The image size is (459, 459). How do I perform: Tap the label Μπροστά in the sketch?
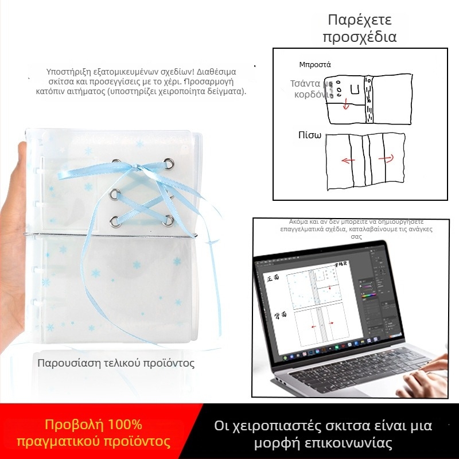(315, 64)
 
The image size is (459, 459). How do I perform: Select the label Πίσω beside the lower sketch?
(309, 135)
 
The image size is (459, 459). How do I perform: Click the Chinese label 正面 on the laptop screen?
(274, 278)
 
